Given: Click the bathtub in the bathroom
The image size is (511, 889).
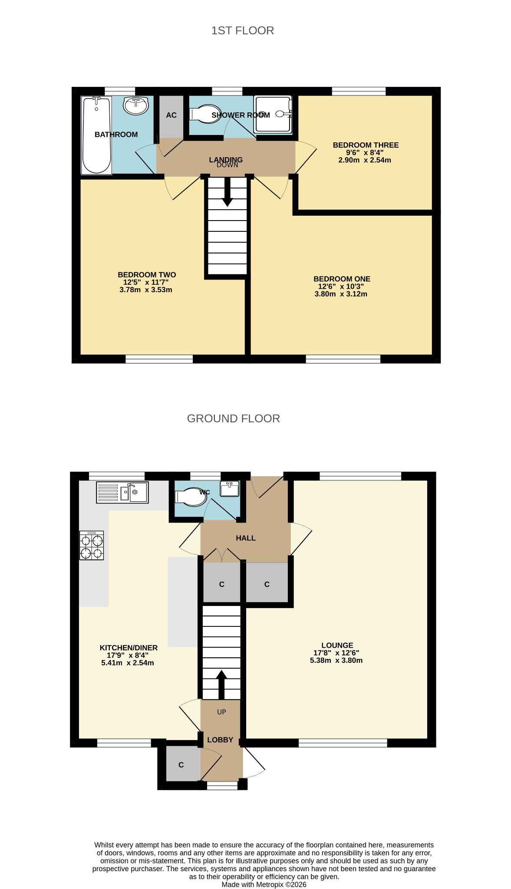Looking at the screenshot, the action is pyautogui.click(x=96, y=135).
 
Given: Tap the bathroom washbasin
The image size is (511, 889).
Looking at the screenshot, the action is pyautogui.click(x=136, y=105).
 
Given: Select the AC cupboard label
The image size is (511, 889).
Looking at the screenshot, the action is pyautogui.click(x=171, y=115).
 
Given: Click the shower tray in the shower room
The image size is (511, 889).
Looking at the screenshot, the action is pyautogui.click(x=273, y=114).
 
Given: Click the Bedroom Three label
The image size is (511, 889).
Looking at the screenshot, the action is pyautogui.click(x=366, y=145).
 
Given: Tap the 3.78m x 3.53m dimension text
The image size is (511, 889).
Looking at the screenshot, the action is pyautogui.click(x=146, y=290).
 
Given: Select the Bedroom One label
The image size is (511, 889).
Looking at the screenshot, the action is pyautogui.click(x=342, y=279).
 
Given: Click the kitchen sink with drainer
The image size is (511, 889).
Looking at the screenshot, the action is pyautogui.click(x=122, y=492).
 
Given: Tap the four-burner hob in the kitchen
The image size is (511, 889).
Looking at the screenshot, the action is pyautogui.click(x=92, y=546).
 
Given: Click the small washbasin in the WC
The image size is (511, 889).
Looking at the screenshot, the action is pyautogui.click(x=230, y=489).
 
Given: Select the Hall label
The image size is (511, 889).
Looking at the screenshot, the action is pyautogui.click(x=246, y=538).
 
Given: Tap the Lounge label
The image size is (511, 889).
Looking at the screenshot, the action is pyautogui.click(x=337, y=645).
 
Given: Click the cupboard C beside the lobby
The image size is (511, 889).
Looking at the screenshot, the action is pyautogui.click(x=181, y=765).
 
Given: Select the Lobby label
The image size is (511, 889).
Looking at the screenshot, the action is pyautogui.click(x=220, y=740).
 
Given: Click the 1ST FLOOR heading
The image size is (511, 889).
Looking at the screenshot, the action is pyautogui.click(x=243, y=30).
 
